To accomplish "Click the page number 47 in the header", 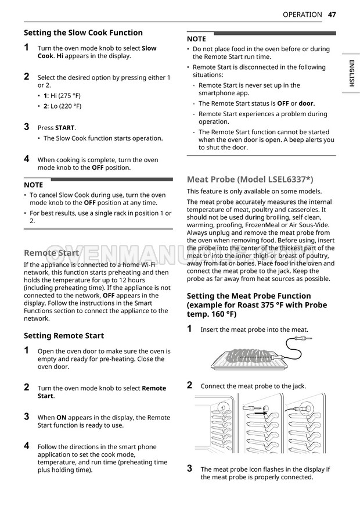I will (x=332, y=15).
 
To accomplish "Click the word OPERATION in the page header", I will (x=301, y=15).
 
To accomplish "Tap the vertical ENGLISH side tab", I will (x=351, y=73).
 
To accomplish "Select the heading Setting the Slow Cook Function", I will (x=83, y=33).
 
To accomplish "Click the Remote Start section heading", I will (x=51, y=253).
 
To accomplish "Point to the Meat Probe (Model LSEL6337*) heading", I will (x=250, y=179).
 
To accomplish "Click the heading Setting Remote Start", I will (x=64, y=335).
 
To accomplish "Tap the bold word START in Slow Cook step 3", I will (x=65, y=128).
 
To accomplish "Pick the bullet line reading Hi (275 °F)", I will (x=62, y=95).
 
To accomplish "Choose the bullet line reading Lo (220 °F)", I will (x=62, y=106).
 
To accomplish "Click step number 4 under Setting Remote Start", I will (x=27, y=446).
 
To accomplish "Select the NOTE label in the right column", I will (x=196, y=39).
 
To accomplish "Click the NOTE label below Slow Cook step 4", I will (x=33, y=185).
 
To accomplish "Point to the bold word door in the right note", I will (x=306, y=103).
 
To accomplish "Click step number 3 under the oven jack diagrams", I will (x=190, y=468).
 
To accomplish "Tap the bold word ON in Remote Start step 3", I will (x=61, y=417).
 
